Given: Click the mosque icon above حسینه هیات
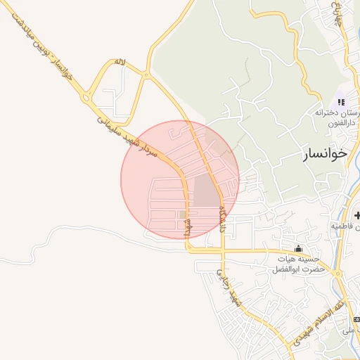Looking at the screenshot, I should (x=298, y=248).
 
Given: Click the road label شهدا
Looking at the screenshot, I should (x=187, y=229).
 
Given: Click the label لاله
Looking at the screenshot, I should (x=120, y=63).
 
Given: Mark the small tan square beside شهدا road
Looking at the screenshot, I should (x=182, y=214).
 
